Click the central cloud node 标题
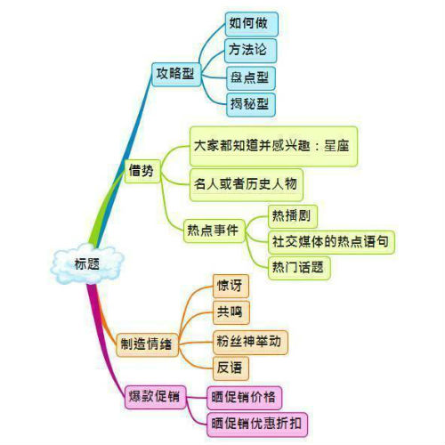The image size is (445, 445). (x=87, y=263)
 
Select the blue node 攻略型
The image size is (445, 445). (x=176, y=75)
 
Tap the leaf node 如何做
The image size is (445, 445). (x=251, y=24)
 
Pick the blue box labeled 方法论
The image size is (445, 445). (x=251, y=50)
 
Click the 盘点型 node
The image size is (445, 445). (x=251, y=78)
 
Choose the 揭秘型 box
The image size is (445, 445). (x=251, y=104)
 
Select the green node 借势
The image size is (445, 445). (x=142, y=171)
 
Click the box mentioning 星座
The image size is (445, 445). (x=273, y=146)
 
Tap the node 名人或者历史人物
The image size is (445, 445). (x=247, y=185)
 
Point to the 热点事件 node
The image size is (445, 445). (x=214, y=231)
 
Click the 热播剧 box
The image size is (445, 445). (x=293, y=216)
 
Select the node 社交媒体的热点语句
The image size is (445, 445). (x=331, y=242)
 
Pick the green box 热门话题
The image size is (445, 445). (x=299, y=268)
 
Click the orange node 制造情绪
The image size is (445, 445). (x=147, y=344)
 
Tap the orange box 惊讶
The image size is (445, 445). (x=231, y=287)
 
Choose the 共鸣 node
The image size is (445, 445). (x=231, y=312)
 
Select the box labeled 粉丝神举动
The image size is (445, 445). (x=250, y=343)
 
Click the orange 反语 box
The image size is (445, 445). (x=231, y=368)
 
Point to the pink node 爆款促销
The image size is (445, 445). (x=155, y=397)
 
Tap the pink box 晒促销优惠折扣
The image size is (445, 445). (x=257, y=425)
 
